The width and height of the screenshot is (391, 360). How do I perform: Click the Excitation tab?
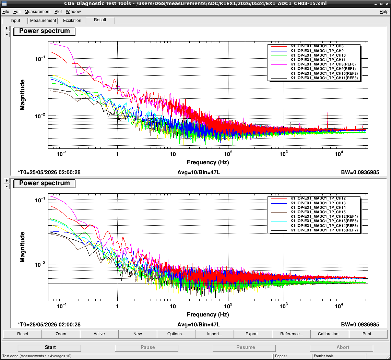pyautogui.click(x=72, y=21)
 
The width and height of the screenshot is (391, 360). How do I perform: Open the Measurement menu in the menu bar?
pyautogui.click(x=37, y=12)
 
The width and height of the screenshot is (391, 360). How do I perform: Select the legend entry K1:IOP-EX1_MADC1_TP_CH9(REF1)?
pyautogui.click(x=323, y=69)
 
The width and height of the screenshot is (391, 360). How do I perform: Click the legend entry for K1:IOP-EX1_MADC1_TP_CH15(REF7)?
pyautogui.click(x=324, y=230)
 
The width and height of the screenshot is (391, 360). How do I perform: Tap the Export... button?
pyautogui.click(x=253, y=334)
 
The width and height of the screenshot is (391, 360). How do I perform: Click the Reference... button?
pyautogui.click(x=291, y=334)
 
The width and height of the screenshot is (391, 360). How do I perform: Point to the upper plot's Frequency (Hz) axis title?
pyautogui.click(x=208, y=162)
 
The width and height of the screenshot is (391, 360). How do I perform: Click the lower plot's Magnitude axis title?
pyautogui.click(x=22, y=247)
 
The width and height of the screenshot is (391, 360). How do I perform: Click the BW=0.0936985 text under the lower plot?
pyautogui.click(x=360, y=325)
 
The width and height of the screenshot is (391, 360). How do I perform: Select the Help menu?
pyautogui.click(x=384, y=12)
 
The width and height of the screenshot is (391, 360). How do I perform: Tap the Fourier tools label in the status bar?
pyautogui.click(x=323, y=356)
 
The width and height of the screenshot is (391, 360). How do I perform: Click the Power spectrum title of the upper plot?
pyautogui.click(x=44, y=31)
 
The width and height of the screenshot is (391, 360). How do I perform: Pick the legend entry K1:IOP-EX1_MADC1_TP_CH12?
pyautogui.click(x=318, y=199)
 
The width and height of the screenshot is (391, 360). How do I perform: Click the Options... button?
pyautogui.click(x=176, y=334)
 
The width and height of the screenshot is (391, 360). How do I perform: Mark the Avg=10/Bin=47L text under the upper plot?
pyautogui.click(x=199, y=172)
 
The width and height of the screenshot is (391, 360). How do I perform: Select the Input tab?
pyautogui.click(x=15, y=21)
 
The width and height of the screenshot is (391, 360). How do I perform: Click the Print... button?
pyautogui.click(x=368, y=334)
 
